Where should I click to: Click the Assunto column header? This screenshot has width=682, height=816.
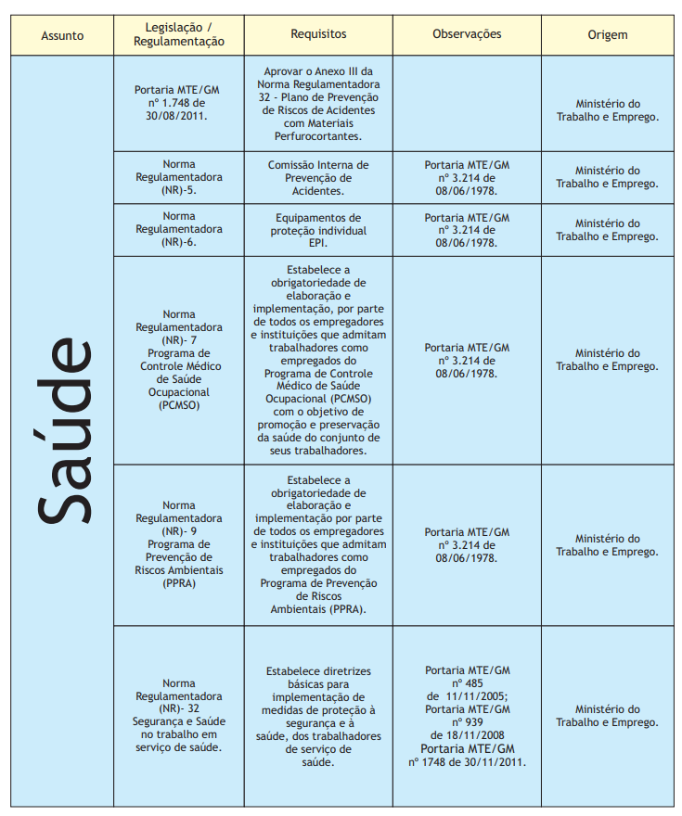pos(62,36)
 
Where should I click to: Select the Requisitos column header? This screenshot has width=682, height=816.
pos(318,33)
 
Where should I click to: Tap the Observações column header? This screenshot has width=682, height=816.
pos(467,33)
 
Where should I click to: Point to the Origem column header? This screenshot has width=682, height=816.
pos(607,35)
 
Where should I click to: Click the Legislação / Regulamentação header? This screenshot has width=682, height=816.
pos(179,35)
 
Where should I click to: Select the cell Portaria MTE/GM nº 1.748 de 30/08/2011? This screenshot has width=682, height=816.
pos(179,103)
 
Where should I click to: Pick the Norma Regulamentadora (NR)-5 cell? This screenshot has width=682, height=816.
pos(179,177)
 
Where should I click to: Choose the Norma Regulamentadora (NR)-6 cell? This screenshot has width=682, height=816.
pos(179,229)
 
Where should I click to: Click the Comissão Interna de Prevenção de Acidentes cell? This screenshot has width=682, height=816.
pos(318,177)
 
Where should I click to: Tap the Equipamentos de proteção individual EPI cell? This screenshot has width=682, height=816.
pos(318,230)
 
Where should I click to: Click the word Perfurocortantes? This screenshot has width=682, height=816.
pos(318,136)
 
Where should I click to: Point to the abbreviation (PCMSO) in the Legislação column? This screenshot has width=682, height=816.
pos(179,405)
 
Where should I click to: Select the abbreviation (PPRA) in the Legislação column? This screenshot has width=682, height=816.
pos(179,583)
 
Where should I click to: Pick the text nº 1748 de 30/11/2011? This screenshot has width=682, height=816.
pos(467,762)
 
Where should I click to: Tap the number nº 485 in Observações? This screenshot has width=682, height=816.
pos(467,683)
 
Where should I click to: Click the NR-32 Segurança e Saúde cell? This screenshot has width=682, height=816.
pos(179,715)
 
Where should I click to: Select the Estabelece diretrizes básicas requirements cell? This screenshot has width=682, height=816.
pos(318,715)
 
